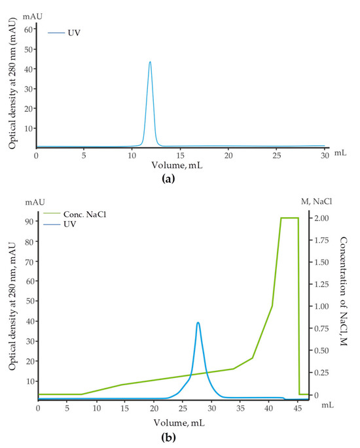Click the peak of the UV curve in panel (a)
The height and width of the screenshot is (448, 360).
tap(150, 62)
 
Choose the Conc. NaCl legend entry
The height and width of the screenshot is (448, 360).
tap(84, 213)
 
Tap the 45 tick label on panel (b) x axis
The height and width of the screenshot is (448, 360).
tap(297, 407)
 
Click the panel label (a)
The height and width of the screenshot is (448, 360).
tap(181, 177)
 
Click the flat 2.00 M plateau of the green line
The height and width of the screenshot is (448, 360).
tap(289, 218)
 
